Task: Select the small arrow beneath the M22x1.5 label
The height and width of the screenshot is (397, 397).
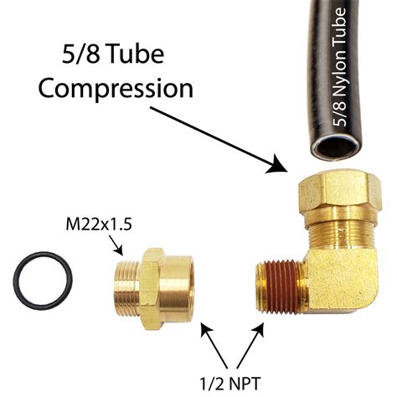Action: coord(117,244)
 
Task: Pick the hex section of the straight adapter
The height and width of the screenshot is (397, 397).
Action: coord(151,277)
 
